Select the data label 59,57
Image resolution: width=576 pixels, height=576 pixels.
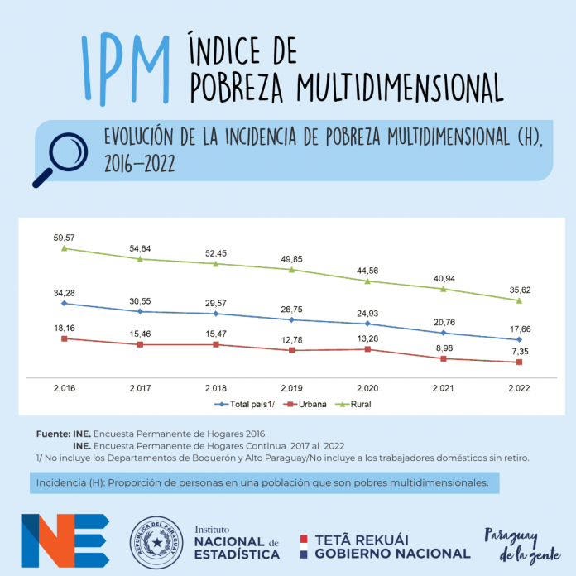tap(64, 237)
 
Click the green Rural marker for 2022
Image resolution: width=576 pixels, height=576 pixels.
tap(519, 300)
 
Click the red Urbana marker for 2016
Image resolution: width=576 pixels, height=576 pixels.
tap(64, 338)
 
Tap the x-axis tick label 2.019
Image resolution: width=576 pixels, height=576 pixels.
tap(291, 387)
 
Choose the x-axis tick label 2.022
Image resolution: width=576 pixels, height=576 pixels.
tap(519, 387)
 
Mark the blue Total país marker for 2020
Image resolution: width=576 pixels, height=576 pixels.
tap(367, 324)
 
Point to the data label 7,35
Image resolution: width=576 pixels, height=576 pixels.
tap(519, 351)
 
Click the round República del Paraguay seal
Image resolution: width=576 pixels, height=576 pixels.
tap(157, 543)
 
